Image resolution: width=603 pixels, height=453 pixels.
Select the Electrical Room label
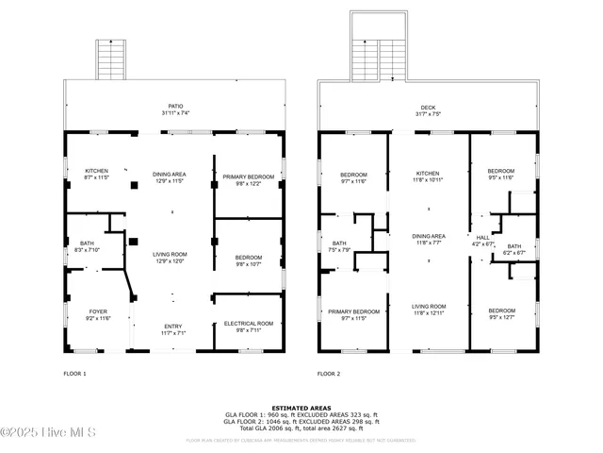(x=249, y=325)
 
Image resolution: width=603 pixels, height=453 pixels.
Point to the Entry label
(x=171, y=327)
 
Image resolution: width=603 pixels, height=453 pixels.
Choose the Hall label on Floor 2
(x=482, y=238)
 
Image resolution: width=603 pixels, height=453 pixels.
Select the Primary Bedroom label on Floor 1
(x=249, y=177)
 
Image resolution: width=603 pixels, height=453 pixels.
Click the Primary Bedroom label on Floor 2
(x=353, y=312)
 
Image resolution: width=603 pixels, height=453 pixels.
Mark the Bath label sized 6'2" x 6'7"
(x=514, y=246)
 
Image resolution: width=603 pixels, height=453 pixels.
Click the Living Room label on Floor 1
(x=171, y=254)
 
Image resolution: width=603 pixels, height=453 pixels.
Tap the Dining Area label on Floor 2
(x=429, y=236)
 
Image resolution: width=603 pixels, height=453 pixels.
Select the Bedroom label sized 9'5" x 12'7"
(x=501, y=311)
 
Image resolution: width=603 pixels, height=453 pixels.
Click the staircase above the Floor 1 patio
(x=111, y=60)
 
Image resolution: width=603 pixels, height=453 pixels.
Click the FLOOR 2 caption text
(x=329, y=374)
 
